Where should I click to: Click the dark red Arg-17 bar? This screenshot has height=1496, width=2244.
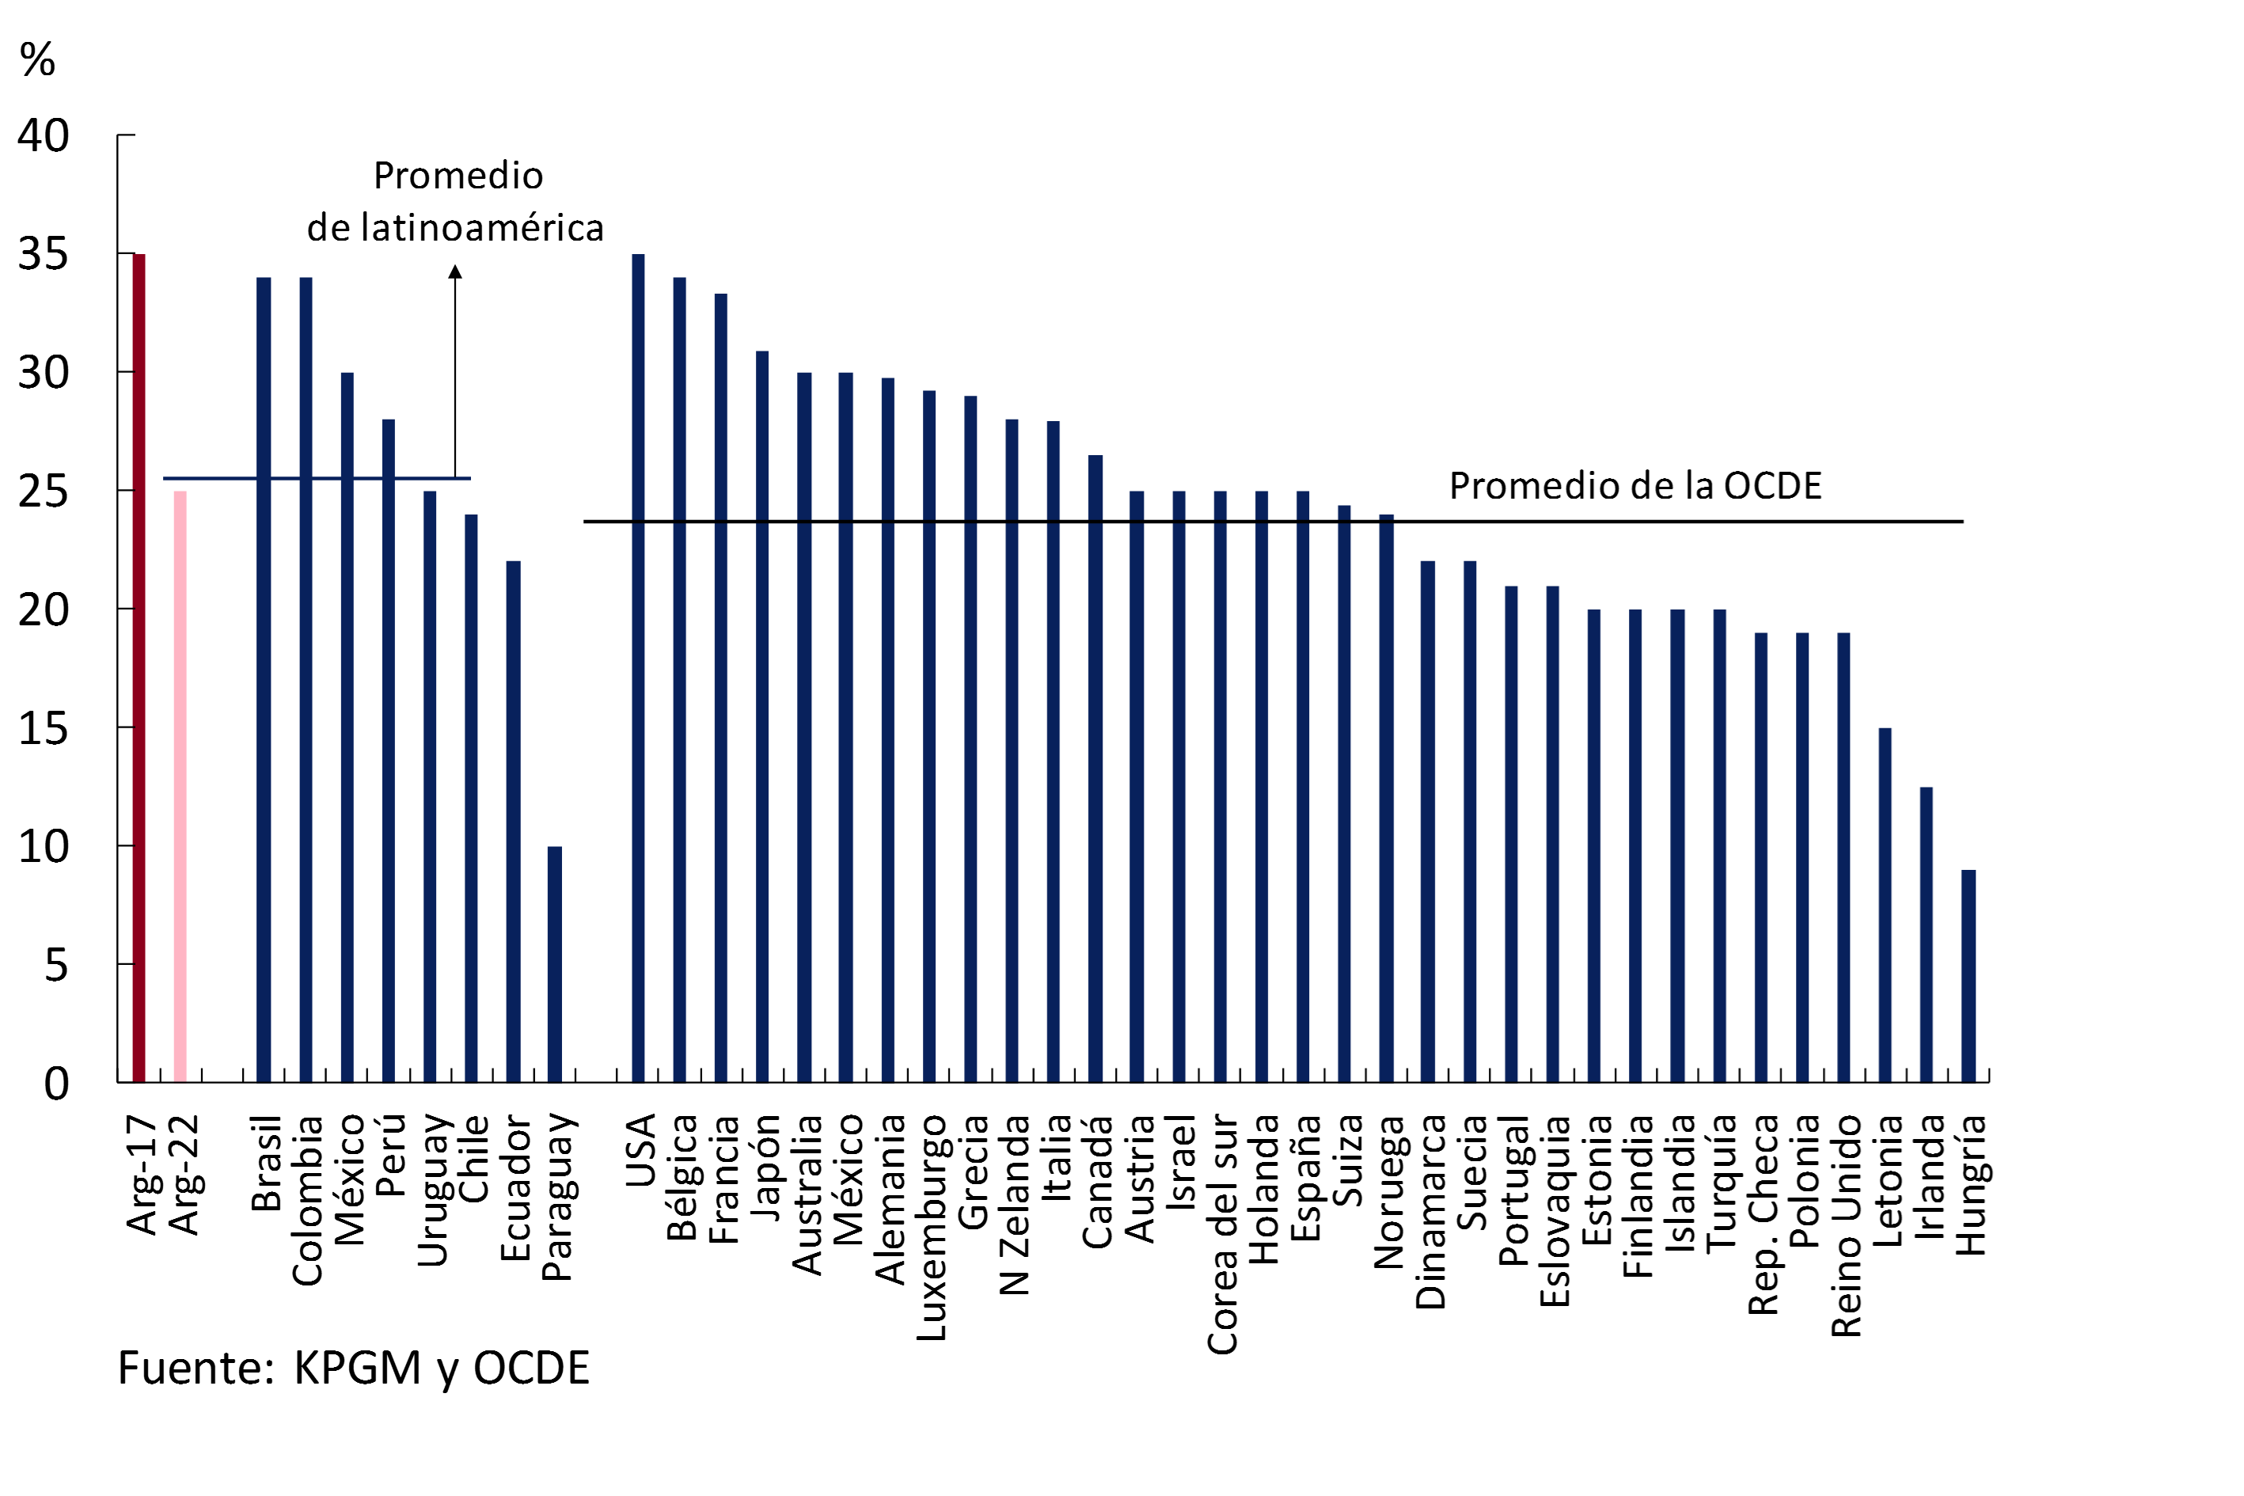click(x=139, y=668)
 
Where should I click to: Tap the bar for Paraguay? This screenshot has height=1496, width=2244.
click(x=554, y=963)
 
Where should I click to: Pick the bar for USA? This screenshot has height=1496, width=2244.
click(x=638, y=668)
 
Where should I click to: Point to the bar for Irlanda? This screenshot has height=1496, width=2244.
click(x=1927, y=934)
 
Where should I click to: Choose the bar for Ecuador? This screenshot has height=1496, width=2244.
click(x=513, y=822)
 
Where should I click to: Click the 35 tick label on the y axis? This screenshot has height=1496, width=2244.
click(x=44, y=255)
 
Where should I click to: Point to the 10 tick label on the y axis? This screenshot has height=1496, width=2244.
click(x=44, y=847)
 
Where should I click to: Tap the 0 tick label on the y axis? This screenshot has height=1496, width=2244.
click(x=56, y=1084)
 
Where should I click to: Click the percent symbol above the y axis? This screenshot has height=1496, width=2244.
click(x=37, y=60)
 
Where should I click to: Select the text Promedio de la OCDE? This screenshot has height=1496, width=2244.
click(x=1635, y=486)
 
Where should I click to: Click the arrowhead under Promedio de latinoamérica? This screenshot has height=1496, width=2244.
click(x=455, y=272)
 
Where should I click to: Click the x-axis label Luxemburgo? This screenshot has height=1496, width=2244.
click(x=930, y=1227)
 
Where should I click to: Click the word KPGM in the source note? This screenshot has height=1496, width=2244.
click(x=357, y=1368)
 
